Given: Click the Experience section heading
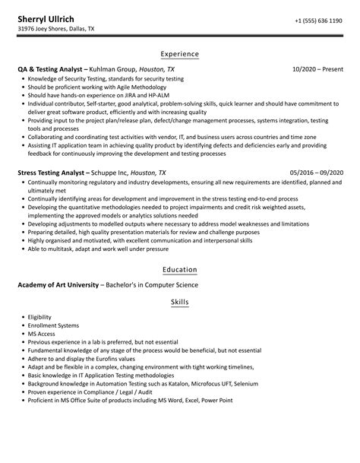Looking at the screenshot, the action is coord(179,54).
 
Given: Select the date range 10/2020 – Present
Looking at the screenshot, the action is coord(319,69).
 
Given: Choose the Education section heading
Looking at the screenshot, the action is coord(179,270).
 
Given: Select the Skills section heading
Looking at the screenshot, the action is coord(180,303).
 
